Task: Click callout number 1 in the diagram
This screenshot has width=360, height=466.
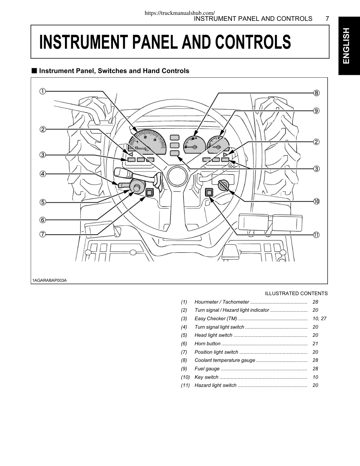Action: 42,91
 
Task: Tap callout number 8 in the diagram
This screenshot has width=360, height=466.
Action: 316,93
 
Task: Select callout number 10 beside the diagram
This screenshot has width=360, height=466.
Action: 316,201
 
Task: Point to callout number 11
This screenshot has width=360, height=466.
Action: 316,235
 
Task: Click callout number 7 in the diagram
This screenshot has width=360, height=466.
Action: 42,234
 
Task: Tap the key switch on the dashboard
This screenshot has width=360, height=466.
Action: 223,185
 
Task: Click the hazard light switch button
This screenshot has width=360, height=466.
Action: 209,192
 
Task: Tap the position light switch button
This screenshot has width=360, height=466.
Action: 149,192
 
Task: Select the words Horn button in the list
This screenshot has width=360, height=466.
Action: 207,343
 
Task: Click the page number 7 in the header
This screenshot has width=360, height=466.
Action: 327,19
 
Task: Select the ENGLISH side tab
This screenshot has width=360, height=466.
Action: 349,46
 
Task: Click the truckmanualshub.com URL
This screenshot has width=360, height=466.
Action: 180,13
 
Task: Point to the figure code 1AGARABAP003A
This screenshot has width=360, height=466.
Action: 49,280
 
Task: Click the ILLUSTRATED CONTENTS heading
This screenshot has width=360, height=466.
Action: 296,293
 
